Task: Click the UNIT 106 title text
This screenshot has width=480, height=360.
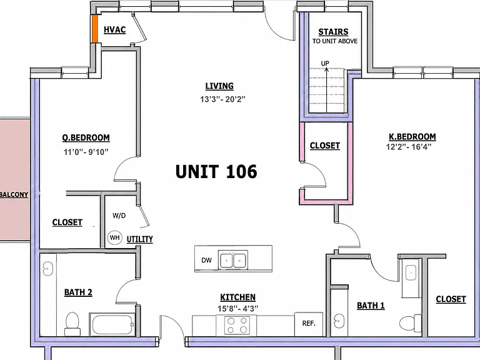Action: [x=216, y=171]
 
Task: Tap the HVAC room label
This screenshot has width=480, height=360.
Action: [x=115, y=30]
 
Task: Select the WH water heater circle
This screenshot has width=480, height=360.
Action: [x=115, y=237]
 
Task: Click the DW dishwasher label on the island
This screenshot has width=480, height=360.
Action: [x=206, y=260]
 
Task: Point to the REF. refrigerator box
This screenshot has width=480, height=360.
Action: [x=309, y=324]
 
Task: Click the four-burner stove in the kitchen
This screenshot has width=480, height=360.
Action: [x=237, y=325]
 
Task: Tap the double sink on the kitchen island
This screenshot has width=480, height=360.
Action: [x=233, y=260]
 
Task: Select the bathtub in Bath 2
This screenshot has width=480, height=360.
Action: [x=112, y=324]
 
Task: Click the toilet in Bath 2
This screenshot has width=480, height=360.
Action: [x=72, y=324]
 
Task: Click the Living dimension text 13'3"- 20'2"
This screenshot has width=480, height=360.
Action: [x=223, y=99]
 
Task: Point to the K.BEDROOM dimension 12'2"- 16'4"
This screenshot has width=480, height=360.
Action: [x=409, y=147]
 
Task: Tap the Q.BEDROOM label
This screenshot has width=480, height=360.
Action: [x=86, y=137]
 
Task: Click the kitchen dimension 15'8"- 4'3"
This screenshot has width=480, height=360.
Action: [x=238, y=309]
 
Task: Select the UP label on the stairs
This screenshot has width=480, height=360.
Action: [x=325, y=63]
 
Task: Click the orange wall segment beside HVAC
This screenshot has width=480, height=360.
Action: [x=95, y=29]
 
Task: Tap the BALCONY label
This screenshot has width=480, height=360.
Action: [x=14, y=194]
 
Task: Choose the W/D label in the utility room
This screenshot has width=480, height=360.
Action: [x=119, y=216]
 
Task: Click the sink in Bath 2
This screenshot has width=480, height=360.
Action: [x=48, y=269]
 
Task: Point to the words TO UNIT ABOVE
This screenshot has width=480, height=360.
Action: [x=335, y=41]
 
